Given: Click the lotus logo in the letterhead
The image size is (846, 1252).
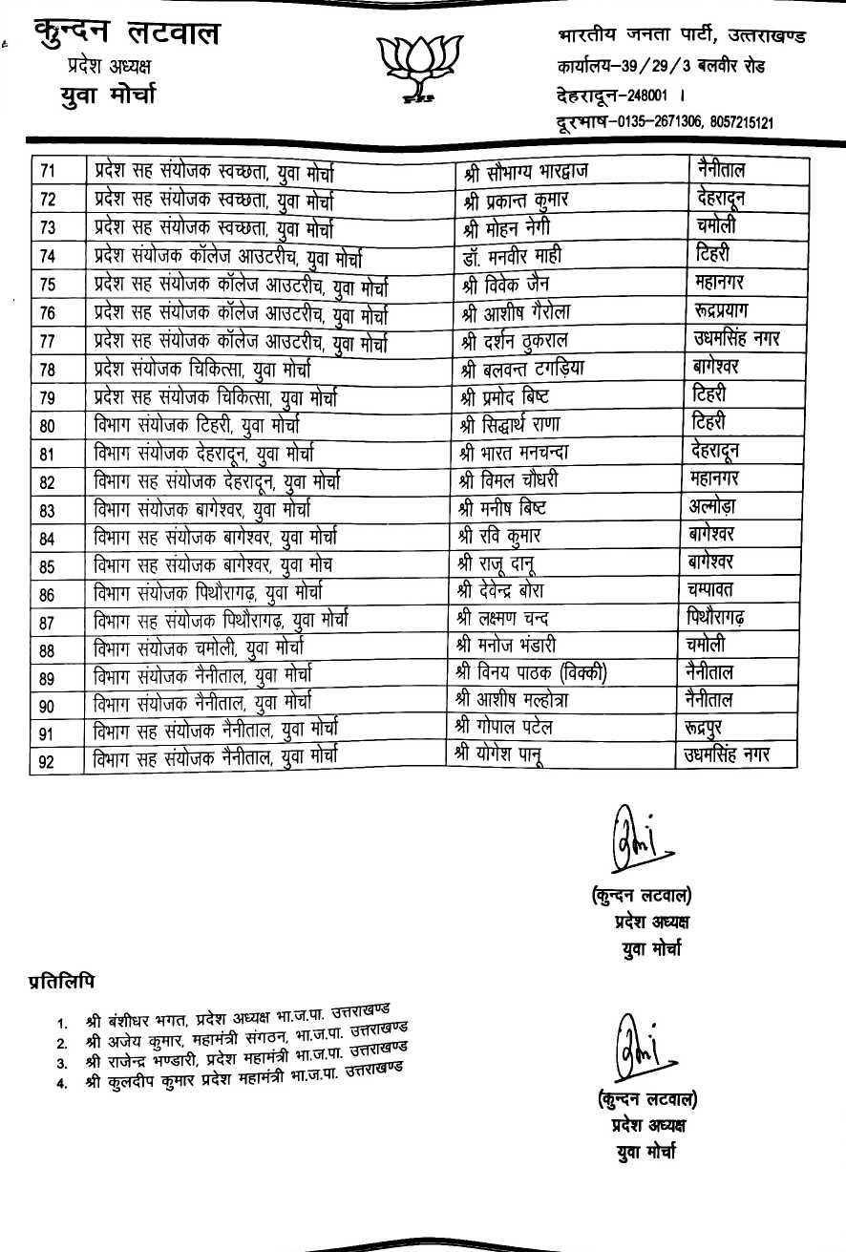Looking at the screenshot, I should pyautogui.click(x=419, y=66).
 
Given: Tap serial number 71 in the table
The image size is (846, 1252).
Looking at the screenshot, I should pyautogui.click(x=49, y=172).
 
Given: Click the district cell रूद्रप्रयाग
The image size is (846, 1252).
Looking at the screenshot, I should pyautogui.click(x=728, y=310).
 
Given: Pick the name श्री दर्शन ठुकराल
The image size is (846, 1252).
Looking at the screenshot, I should pyautogui.click(x=522, y=339).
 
